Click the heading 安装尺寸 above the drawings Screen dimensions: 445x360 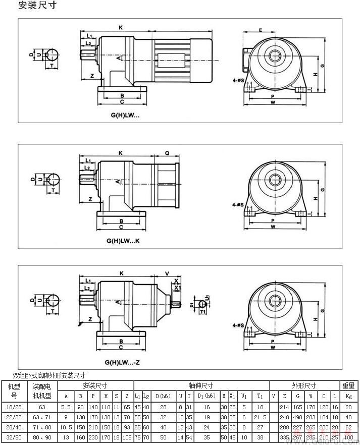point(37,6)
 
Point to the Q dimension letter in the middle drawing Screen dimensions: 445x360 point(167,152)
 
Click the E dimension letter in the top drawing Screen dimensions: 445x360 point(261,30)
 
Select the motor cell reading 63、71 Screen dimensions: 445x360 point(43,417)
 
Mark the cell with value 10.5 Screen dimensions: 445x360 point(66,427)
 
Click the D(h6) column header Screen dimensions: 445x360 point(163,396)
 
